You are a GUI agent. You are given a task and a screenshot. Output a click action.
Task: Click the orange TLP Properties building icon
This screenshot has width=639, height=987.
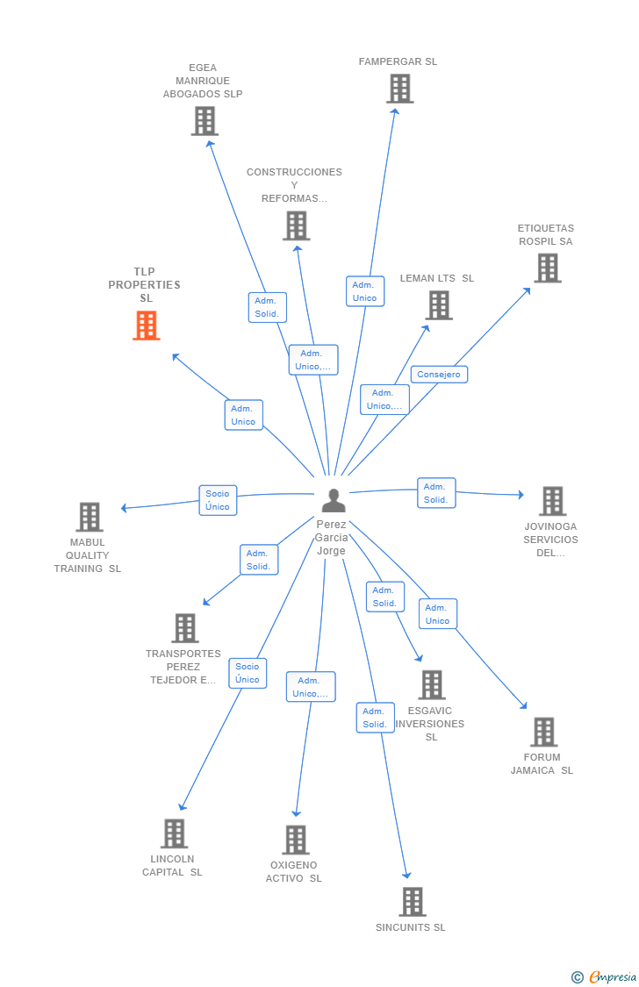(x=146, y=325)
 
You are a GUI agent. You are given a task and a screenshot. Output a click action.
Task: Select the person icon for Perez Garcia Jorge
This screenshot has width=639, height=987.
(x=334, y=500)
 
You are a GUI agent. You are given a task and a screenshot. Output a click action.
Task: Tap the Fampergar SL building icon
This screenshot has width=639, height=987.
(x=399, y=89)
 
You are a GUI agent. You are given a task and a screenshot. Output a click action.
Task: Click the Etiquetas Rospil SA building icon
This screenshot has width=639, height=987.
(x=548, y=268)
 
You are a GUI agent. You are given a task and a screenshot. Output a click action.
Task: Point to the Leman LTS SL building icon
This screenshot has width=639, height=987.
(x=439, y=305)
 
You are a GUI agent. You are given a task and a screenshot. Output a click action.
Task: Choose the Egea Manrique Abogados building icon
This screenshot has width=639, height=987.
(x=205, y=121)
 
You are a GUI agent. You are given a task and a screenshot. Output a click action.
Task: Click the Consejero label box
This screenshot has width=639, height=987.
(x=439, y=375)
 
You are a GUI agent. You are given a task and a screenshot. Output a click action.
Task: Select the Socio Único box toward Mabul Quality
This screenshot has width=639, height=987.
(x=218, y=500)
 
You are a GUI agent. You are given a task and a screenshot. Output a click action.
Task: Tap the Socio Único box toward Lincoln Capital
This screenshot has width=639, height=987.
(x=248, y=673)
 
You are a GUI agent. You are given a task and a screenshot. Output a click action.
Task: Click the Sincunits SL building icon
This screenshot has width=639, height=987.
(x=412, y=901)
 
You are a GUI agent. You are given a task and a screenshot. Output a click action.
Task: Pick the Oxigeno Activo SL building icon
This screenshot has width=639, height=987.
(x=296, y=840)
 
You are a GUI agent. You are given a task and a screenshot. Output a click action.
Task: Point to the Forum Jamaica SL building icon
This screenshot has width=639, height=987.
(x=543, y=732)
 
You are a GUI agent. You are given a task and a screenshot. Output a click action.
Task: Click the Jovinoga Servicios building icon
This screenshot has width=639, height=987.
(x=552, y=501)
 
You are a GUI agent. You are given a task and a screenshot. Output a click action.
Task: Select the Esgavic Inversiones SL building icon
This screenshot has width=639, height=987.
(x=431, y=685)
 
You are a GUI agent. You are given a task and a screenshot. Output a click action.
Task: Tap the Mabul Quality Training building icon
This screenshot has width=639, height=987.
(x=89, y=518)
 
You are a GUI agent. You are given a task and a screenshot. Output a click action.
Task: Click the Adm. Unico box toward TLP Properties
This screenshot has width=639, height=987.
(x=243, y=415)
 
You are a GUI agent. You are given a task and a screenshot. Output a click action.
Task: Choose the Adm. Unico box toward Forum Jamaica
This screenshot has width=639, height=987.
(x=437, y=614)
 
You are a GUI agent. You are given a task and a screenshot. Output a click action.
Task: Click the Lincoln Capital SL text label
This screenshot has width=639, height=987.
(x=172, y=866)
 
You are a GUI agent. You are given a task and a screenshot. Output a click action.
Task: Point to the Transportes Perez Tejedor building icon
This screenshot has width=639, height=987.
(x=185, y=628)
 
